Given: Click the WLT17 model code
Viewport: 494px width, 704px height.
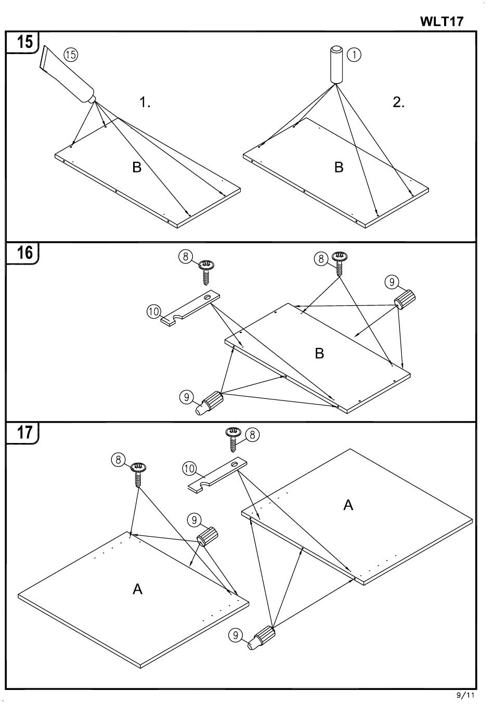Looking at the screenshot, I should [441, 22].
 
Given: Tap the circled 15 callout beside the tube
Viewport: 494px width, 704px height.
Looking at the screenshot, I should [71, 54].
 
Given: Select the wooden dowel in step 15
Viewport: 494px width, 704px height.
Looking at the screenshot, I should [336, 64].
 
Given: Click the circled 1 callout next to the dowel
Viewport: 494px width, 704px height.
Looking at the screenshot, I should [354, 54].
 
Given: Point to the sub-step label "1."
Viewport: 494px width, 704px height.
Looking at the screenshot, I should [145, 102].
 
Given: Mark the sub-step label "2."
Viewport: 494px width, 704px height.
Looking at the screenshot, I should [398, 102].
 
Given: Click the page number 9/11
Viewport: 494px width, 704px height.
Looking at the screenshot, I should [466, 695].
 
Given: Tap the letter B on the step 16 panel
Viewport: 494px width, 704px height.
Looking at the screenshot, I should [319, 354].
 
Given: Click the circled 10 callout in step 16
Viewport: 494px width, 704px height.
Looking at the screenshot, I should [153, 311].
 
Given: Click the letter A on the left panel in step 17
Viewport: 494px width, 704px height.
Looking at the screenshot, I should [137, 589].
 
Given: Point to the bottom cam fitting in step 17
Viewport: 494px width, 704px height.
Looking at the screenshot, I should [263, 638].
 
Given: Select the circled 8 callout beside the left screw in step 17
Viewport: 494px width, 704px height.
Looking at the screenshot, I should [119, 459].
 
